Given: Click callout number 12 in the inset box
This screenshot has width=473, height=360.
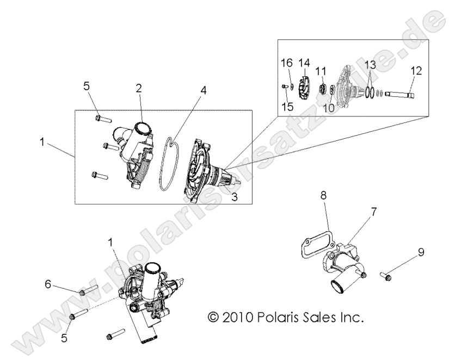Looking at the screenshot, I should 416,70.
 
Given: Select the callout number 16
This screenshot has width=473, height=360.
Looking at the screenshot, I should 286,63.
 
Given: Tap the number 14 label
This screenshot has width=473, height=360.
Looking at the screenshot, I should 304,63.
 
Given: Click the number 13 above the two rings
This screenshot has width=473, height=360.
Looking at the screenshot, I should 370,65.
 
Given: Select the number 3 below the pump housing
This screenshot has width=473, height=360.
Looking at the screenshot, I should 235,197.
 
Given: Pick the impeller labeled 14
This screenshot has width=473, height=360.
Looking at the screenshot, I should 305,86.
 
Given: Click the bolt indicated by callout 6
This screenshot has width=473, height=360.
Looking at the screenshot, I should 87,291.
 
